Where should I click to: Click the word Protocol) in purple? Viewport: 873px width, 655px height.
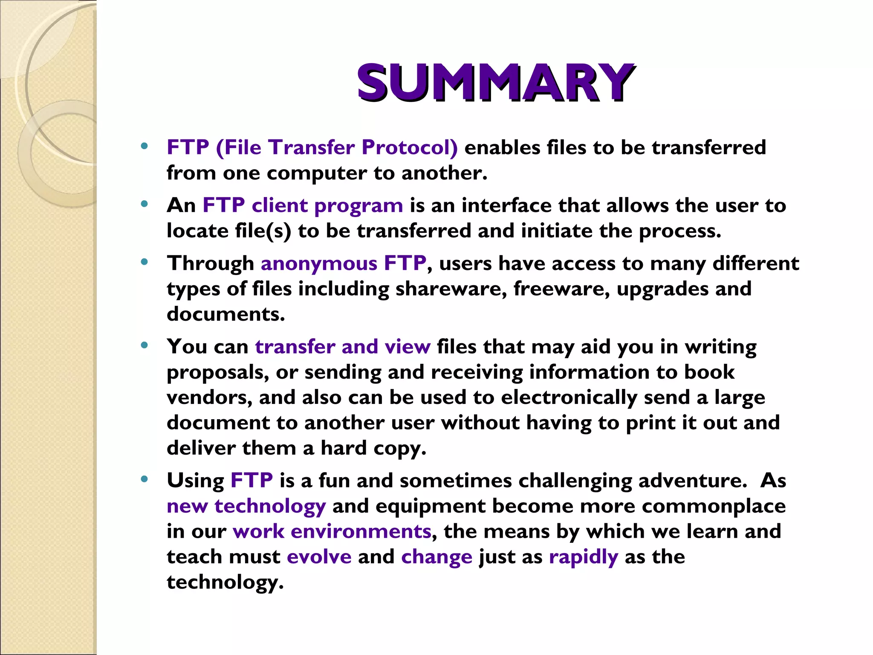point(409,148)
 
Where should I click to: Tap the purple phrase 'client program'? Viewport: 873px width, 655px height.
point(327,206)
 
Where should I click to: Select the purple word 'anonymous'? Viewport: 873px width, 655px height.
point(319,263)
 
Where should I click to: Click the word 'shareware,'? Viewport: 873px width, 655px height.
point(451,289)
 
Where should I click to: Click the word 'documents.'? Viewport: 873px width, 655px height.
point(225,314)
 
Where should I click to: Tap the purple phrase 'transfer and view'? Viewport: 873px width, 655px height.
point(343,346)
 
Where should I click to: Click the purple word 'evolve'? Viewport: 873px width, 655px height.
point(319,557)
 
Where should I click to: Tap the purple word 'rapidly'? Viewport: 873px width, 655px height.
point(583,557)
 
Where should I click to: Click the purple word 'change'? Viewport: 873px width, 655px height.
point(436,557)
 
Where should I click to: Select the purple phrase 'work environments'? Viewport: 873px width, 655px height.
point(332,532)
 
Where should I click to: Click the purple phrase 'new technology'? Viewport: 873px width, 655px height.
point(246,506)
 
